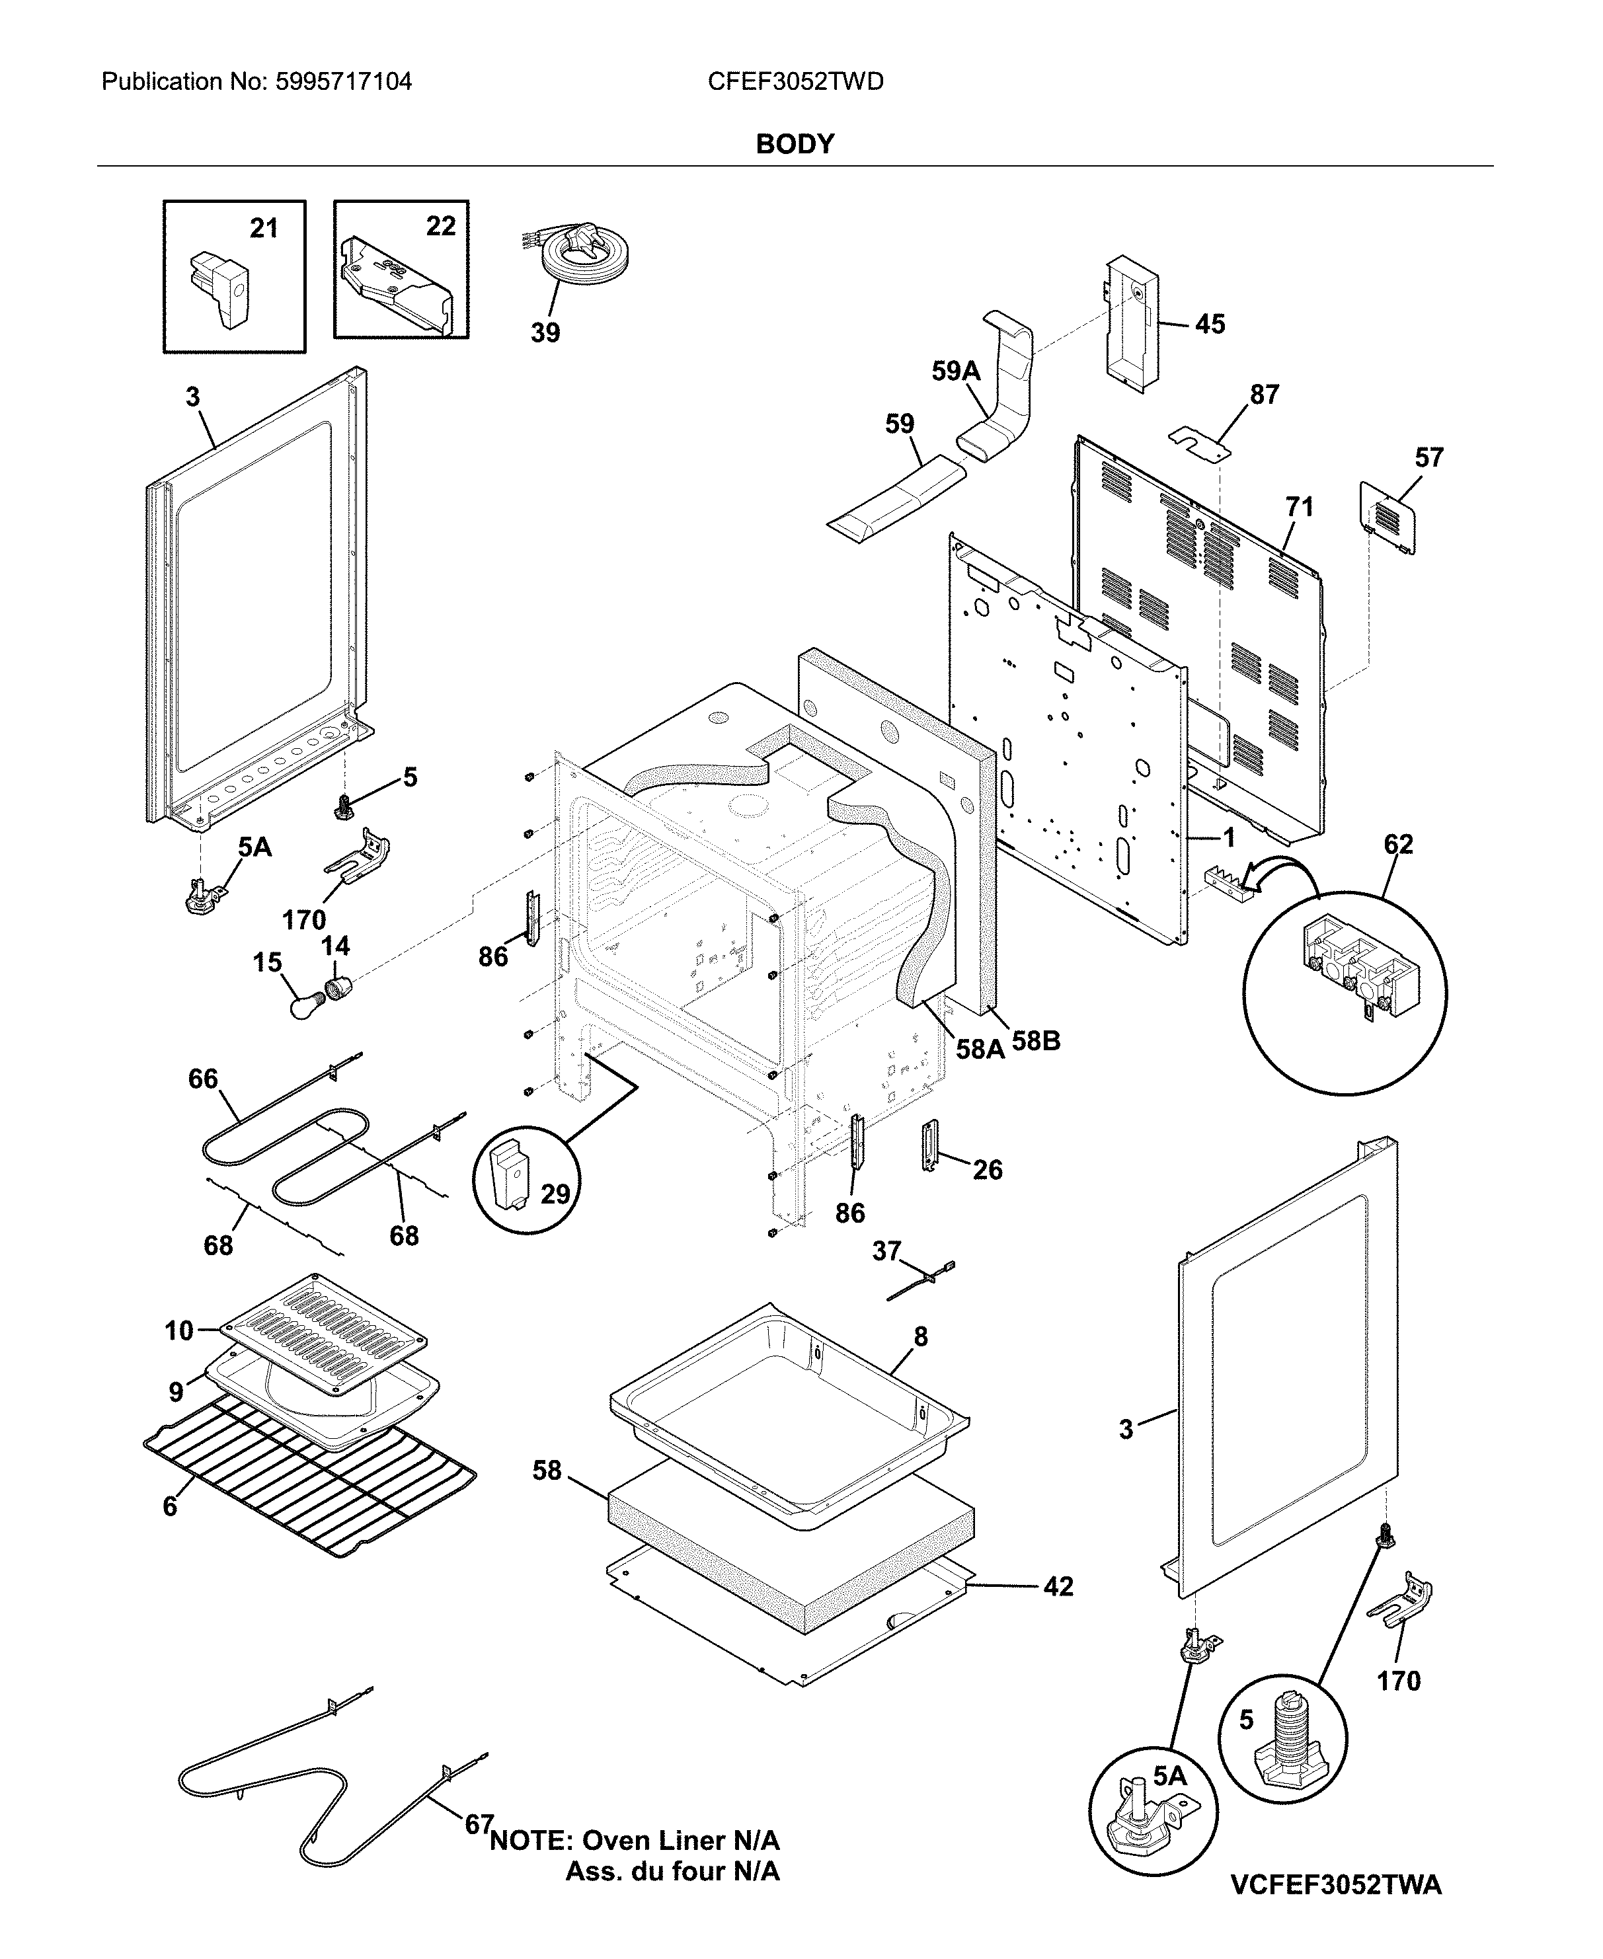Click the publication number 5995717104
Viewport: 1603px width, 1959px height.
(x=342, y=82)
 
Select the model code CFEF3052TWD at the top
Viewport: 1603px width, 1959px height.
(x=795, y=82)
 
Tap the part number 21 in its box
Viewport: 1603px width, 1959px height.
(x=264, y=228)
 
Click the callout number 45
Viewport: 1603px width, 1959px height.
(x=1210, y=324)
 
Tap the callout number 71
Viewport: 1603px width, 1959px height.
(x=1298, y=507)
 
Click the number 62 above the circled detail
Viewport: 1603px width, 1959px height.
(x=1398, y=845)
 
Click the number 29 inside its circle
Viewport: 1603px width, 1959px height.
(x=555, y=1194)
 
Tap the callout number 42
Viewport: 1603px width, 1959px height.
(x=1058, y=1586)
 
